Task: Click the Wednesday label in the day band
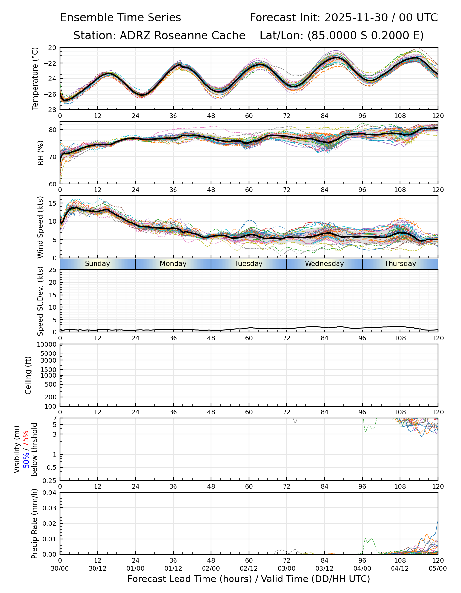click(324, 264)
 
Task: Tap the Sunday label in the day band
click(97, 264)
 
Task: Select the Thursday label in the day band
click(400, 264)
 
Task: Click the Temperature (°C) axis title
click(35, 78)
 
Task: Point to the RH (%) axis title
click(41, 153)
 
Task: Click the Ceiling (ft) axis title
click(28, 375)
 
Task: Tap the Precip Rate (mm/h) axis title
click(34, 523)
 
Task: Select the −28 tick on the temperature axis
click(51, 110)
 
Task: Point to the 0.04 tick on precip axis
click(50, 493)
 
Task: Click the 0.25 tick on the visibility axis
click(50, 480)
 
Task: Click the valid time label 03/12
click(324, 568)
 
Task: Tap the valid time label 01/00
click(135, 568)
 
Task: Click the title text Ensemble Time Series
click(121, 18)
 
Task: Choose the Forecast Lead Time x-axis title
click(249, 579)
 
